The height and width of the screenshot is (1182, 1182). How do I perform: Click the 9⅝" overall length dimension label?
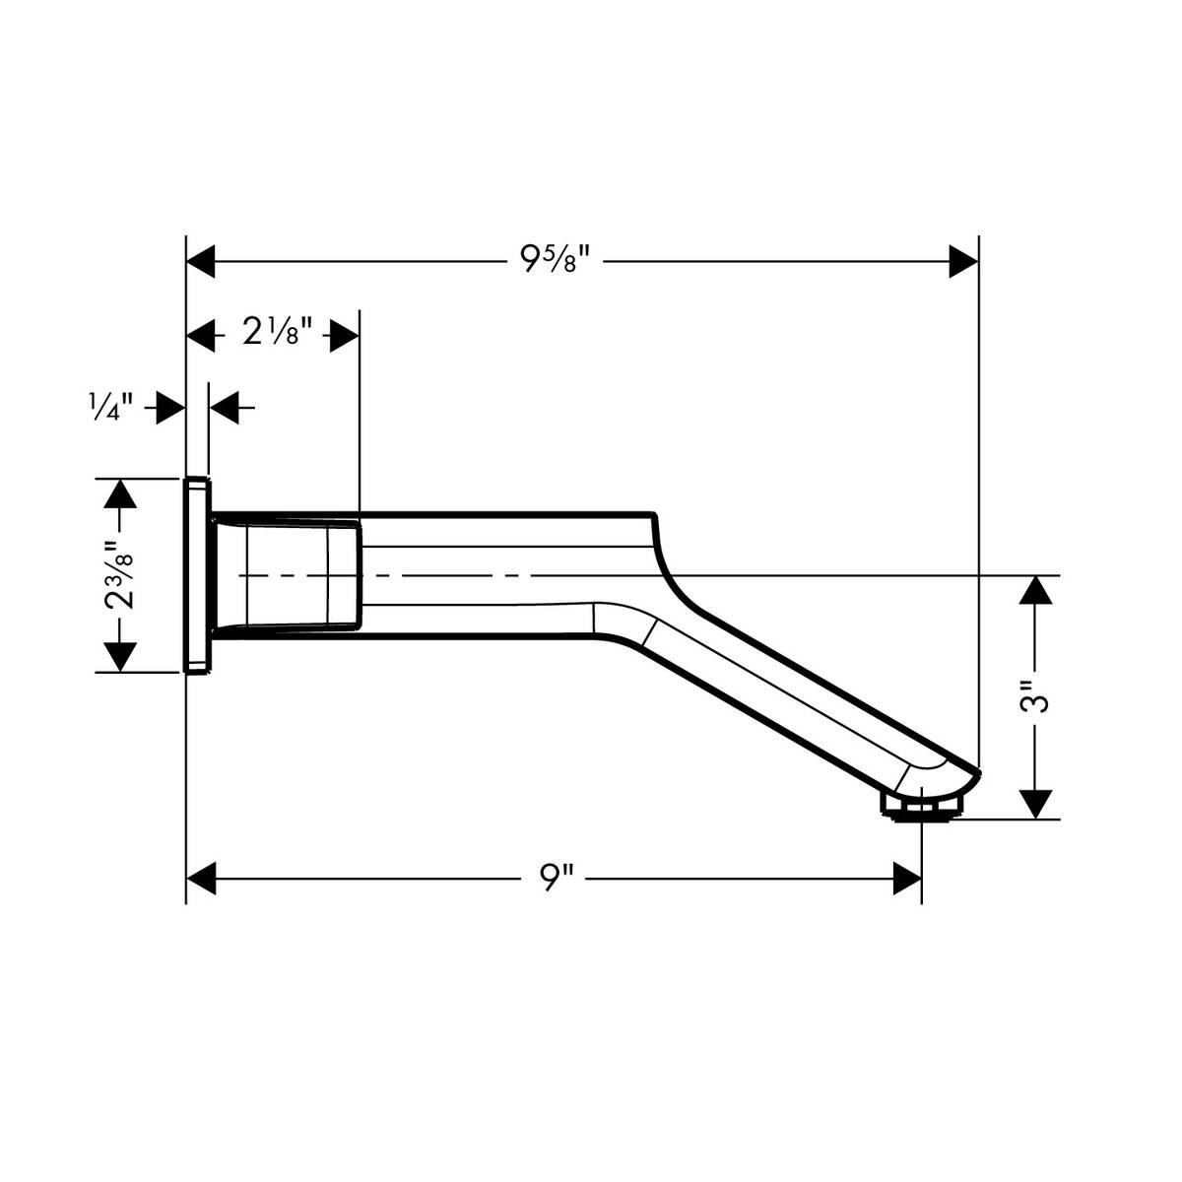[555, 262]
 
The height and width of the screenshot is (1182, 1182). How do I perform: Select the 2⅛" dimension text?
[278, 335]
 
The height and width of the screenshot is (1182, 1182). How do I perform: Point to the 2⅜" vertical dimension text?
[120, 575]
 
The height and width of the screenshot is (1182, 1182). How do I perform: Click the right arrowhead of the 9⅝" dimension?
[962, 262]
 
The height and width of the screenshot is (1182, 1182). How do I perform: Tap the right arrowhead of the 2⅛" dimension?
[343, 335]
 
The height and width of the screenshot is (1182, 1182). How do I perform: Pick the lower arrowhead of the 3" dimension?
[1034, 803]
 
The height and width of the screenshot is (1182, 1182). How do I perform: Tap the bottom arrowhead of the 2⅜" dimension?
[120, 656]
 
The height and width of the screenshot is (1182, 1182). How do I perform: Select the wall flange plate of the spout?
[197, 575]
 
